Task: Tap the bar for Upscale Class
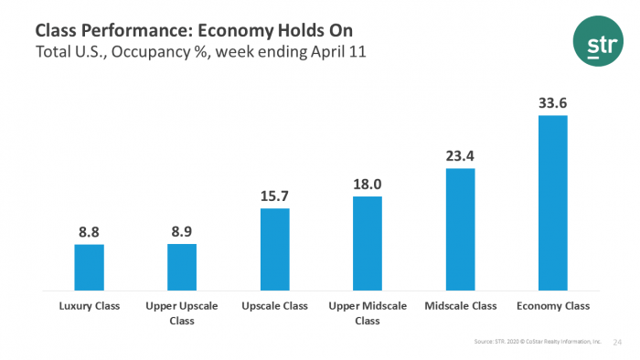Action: tap(274, 249)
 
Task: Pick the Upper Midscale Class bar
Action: tap(368, 243)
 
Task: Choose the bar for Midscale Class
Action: tap(460, 229)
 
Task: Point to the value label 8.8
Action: tap(89, 232)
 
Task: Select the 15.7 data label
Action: tap(274, 196)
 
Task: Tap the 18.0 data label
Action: tap(368, 184)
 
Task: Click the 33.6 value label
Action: tap(553, 103)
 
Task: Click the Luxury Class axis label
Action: tap(89, 306)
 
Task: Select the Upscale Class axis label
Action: tap(274, 306)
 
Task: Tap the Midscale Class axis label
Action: tap(460, 306)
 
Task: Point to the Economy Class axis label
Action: tap(553, 306)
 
